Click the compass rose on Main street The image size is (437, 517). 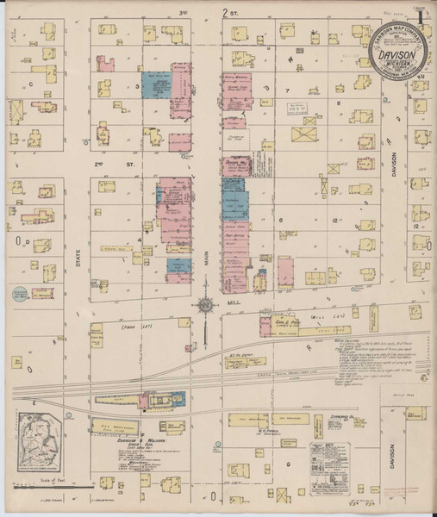[206, 303]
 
